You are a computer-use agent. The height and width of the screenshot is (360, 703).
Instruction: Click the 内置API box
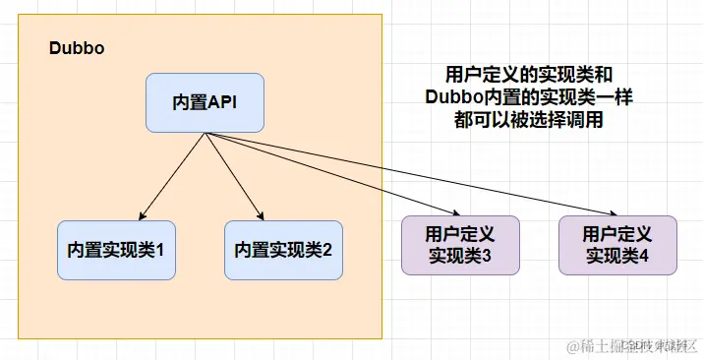(x=205, y=102)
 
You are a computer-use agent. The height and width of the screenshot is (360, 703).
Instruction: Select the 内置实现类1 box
(x=116, y=249)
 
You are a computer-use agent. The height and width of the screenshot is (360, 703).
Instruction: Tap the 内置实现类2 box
(x=283, y=249)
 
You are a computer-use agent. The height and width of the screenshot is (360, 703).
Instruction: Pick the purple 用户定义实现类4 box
(x=617, y=245)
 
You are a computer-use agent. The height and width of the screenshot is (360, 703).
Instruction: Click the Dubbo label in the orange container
(x=77, y=48)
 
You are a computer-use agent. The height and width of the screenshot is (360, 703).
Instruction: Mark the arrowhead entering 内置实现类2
(x=261, y=216)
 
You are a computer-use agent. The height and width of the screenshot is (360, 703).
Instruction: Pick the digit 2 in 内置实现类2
(x=326, y=249)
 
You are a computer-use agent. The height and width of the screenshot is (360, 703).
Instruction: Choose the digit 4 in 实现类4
(x=643, y=256)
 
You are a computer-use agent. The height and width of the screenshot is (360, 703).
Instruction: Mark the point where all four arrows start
(x=205, y=133)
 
